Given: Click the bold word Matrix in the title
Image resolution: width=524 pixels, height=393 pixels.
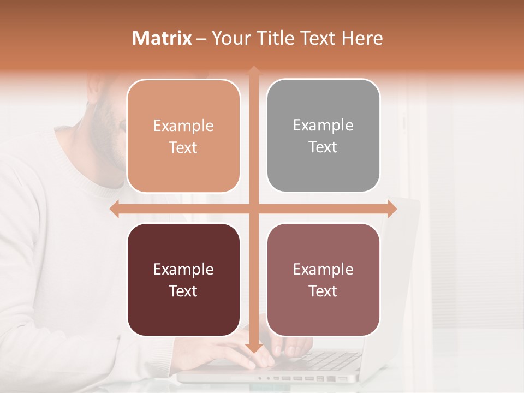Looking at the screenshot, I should (x=162, y=38).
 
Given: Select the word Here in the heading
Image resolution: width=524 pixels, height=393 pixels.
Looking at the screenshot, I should (x=362, y=38).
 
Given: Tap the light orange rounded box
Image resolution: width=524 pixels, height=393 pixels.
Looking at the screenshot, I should (x=183, y=136).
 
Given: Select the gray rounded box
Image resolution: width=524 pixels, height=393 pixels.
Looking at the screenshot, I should (x=323, y=135).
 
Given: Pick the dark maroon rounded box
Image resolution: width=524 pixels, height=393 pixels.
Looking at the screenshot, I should (x=183, y=279).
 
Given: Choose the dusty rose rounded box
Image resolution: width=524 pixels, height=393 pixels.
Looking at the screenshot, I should (x=323, y=279).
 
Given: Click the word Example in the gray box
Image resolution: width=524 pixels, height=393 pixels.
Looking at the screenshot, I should (x=323, y=125).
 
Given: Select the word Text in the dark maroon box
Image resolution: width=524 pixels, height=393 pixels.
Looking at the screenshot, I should (x=183, y=291).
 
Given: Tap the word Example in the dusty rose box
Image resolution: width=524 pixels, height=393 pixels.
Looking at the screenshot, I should (x=323, y=269).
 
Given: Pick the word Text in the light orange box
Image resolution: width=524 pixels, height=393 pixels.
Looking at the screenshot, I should (x=183, y=147).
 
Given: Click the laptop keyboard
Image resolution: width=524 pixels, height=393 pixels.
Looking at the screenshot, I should (x=327, y=360).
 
